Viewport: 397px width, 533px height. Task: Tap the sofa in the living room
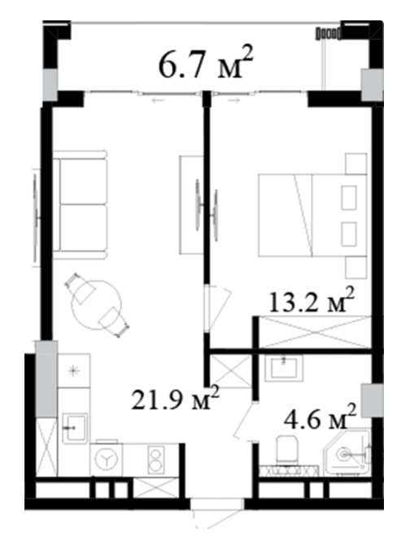(x=81, y=205)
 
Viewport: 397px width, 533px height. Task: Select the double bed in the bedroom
(x=312, y=215)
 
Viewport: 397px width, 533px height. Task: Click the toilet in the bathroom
(x=287, y=450)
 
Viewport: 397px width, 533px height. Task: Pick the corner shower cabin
(x=347, y=452)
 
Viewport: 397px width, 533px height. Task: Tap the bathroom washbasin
(x=284, y=368)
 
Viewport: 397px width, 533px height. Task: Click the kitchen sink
(x=75, y=428)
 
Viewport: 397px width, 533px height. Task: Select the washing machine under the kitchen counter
(x=107, y=460)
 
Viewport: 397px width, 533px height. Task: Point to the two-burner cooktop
(x=156, y=460)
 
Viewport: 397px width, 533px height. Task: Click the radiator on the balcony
(x=329, y=33)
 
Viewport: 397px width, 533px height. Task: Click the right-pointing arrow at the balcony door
(x=233, y=100)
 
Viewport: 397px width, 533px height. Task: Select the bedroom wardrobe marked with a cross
(x=314, y=332)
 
